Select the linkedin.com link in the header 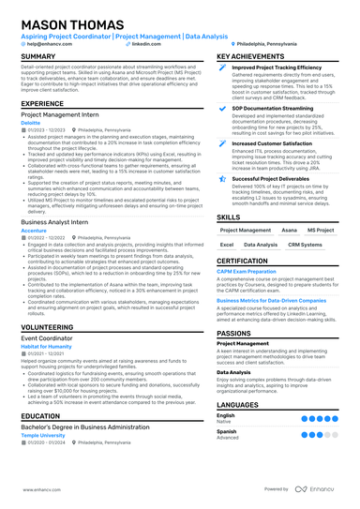(146, 43)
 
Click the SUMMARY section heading (38, 57)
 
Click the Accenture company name (34, 230)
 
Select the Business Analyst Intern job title (55, 221)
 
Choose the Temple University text (44, 434)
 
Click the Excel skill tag (227, 245)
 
